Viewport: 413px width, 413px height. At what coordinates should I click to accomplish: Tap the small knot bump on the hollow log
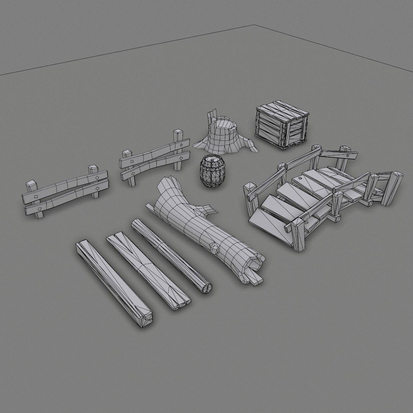point(215,250)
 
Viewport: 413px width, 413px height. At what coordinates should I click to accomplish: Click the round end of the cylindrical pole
point(207,288)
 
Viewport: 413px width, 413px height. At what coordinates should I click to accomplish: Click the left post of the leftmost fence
point(34,199)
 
